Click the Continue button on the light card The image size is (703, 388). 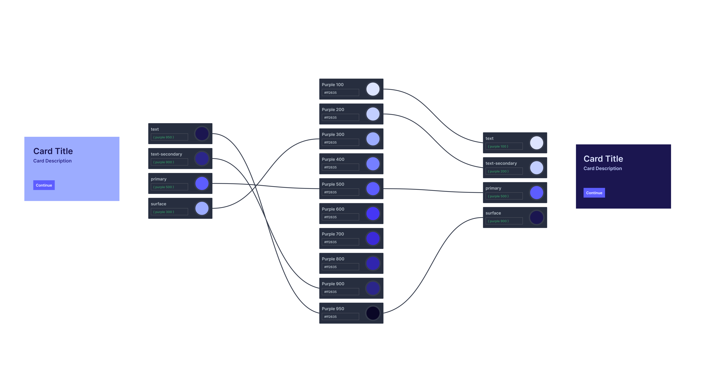[x=44, y=185]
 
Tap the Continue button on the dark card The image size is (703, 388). [x=594, y=193]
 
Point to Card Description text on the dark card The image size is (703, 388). [x=603, y=168]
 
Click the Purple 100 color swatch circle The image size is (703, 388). [x=373, y=89]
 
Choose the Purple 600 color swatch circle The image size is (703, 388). [x=373, y=213]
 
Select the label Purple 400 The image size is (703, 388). [x=333, y=159]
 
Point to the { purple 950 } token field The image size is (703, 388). [x=169, y=137]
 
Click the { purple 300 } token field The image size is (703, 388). [x=169, y=212]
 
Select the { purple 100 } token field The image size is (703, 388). [x=504, y=146]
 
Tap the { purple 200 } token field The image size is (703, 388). [x=504, y=171]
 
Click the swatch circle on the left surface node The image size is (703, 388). [x=202, y=208]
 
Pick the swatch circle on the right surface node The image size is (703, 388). [x=537, y=218]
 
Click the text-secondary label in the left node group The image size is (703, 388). [x=166, y=154]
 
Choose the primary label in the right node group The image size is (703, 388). [x=493, y=188]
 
